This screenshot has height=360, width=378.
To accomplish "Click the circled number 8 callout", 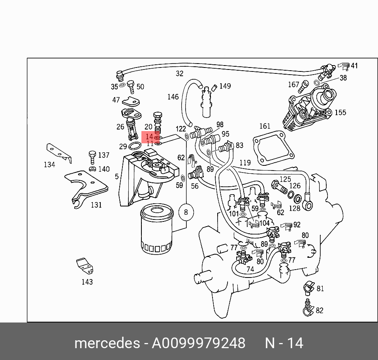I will tap(186, 212).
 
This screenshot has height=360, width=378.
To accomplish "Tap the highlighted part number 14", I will tap(149, 137).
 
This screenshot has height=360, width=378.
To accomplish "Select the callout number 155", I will tap(340, 112).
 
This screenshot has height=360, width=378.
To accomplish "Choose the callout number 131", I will tap(96, 205).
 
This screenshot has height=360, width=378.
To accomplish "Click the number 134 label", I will tap(49, 165).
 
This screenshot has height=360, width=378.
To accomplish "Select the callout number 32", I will tap(180, 73).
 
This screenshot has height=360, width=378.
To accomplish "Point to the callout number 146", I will tap(173, 97).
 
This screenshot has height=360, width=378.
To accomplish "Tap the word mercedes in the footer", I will tap(107, 343).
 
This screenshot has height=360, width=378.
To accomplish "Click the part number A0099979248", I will tap(198, 343).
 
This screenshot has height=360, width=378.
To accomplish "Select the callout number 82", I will tap(320, 310).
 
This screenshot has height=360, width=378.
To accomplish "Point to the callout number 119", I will tap(245, 162).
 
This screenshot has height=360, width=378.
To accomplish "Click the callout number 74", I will tap(250, 270).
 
